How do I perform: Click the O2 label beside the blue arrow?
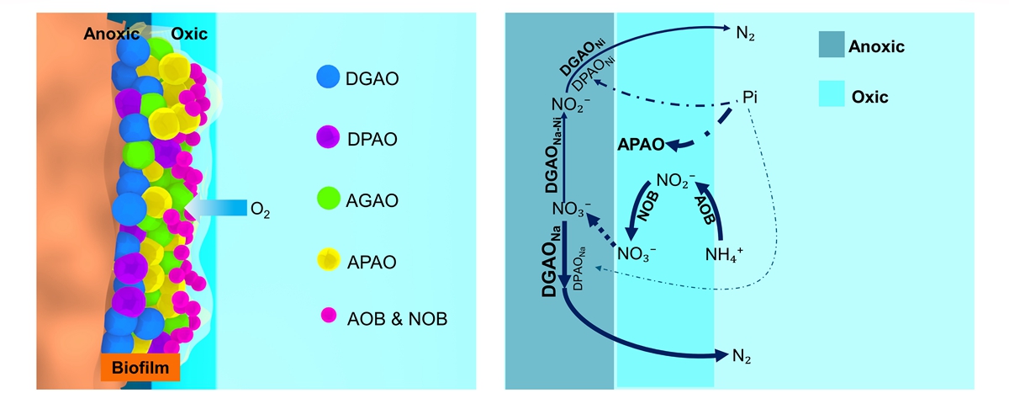point(261,207)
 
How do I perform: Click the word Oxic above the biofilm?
point(188,34)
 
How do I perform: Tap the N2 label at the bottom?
point(737,357)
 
